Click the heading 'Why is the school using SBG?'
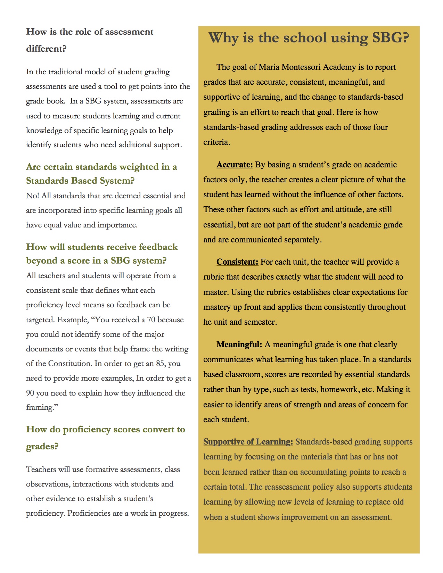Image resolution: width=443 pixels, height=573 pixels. pos(309,38)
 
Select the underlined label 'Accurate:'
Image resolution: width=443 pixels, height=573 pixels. pos(235,165)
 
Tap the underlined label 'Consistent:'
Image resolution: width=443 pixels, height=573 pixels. pos(237,262)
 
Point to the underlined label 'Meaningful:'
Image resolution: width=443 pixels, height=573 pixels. pos(239,344)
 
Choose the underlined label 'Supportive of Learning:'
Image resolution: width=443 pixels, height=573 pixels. pos(248,442)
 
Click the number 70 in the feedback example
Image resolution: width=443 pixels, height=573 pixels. pos(151,320)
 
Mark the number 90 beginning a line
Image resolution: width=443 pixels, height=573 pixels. pos(30,393)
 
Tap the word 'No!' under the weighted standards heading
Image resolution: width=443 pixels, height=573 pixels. pos(32,196)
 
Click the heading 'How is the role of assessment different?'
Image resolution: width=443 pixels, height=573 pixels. pos(90,40)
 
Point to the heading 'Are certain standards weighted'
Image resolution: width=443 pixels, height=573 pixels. pos(101,174)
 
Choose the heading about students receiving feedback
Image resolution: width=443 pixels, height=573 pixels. pos(102,254)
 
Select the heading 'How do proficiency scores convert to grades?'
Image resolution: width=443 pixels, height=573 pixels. pos(105,438)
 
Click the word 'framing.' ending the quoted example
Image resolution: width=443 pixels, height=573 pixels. pos(42,407)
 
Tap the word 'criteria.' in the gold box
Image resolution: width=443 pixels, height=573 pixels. pos(217,142)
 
